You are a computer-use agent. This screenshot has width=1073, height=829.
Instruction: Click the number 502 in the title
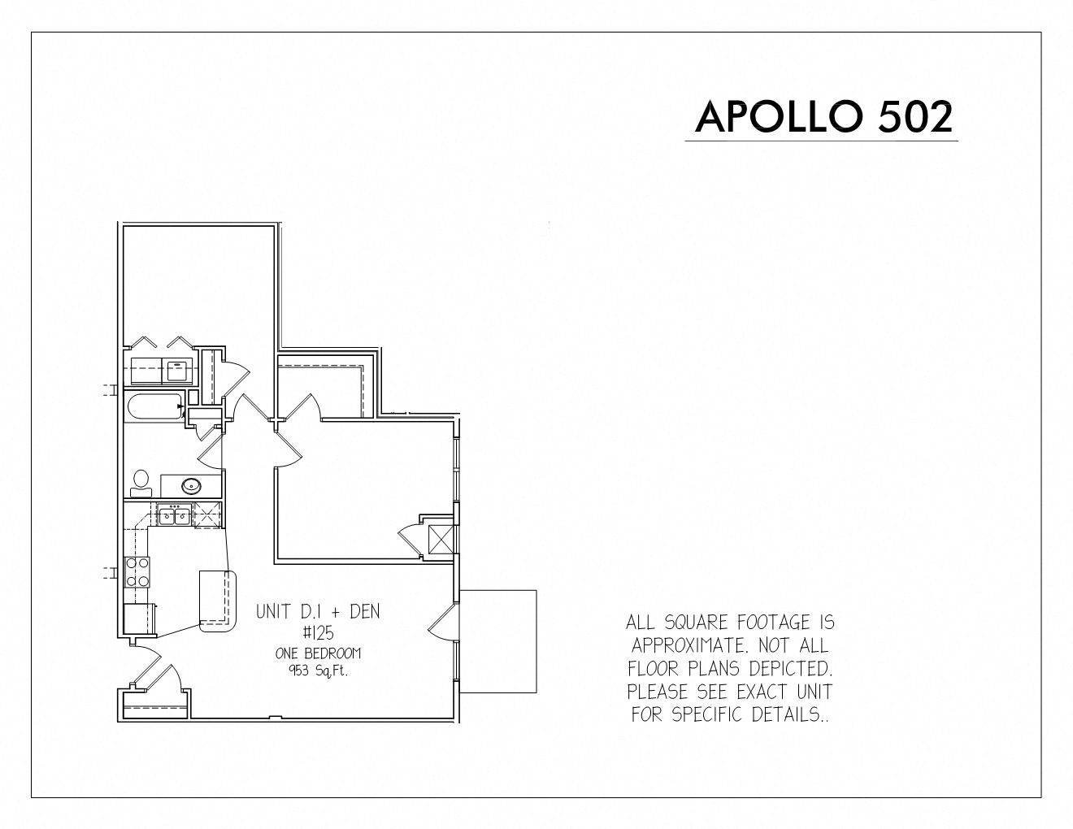[915, 117]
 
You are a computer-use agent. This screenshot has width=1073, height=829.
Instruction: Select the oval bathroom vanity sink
[191, 486]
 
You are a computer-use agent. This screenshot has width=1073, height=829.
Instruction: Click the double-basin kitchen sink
[175, 515]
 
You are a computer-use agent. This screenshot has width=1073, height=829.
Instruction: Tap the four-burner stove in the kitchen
[137, 571]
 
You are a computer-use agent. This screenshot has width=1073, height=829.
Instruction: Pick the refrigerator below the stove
[139, 618]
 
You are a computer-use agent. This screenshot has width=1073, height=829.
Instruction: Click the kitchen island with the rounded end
[218, 601]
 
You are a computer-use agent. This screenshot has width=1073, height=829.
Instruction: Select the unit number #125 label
[319, 632]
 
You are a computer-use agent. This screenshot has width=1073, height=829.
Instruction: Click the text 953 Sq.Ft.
[319, 671]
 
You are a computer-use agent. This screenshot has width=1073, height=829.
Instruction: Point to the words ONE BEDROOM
[319, 653]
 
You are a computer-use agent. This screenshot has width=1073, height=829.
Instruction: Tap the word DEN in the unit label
[365, 612]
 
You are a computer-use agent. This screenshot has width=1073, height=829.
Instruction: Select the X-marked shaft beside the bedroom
[441, 540]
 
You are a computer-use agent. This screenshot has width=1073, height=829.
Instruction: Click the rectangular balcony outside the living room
[497, 641]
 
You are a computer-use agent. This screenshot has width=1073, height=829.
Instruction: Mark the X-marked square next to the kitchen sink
[208, 515]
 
